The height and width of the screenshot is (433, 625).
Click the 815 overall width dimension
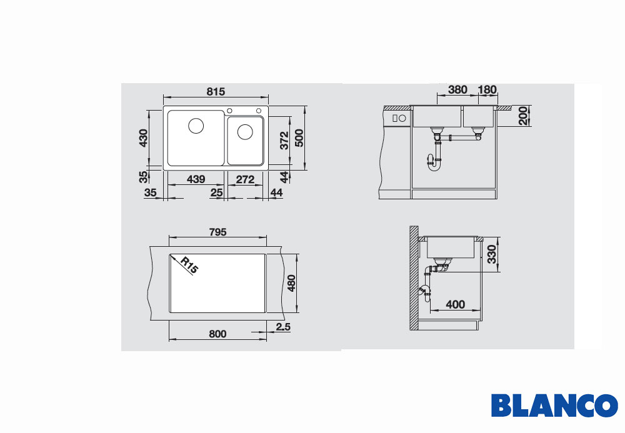point(216,92)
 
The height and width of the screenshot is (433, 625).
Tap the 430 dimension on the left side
point(143,138)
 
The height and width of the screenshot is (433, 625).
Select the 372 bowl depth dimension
point(284,140)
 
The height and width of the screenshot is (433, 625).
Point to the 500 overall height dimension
point(299,138)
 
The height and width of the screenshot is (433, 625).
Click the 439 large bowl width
point(196,179)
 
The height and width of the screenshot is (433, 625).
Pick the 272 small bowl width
point(245,180)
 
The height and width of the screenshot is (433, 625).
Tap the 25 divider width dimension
point(216,193)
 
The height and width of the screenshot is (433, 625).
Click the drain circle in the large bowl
point(196,126)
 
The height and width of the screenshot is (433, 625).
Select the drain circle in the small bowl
point(245,132)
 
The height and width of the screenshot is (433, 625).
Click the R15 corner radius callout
point(189,266)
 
